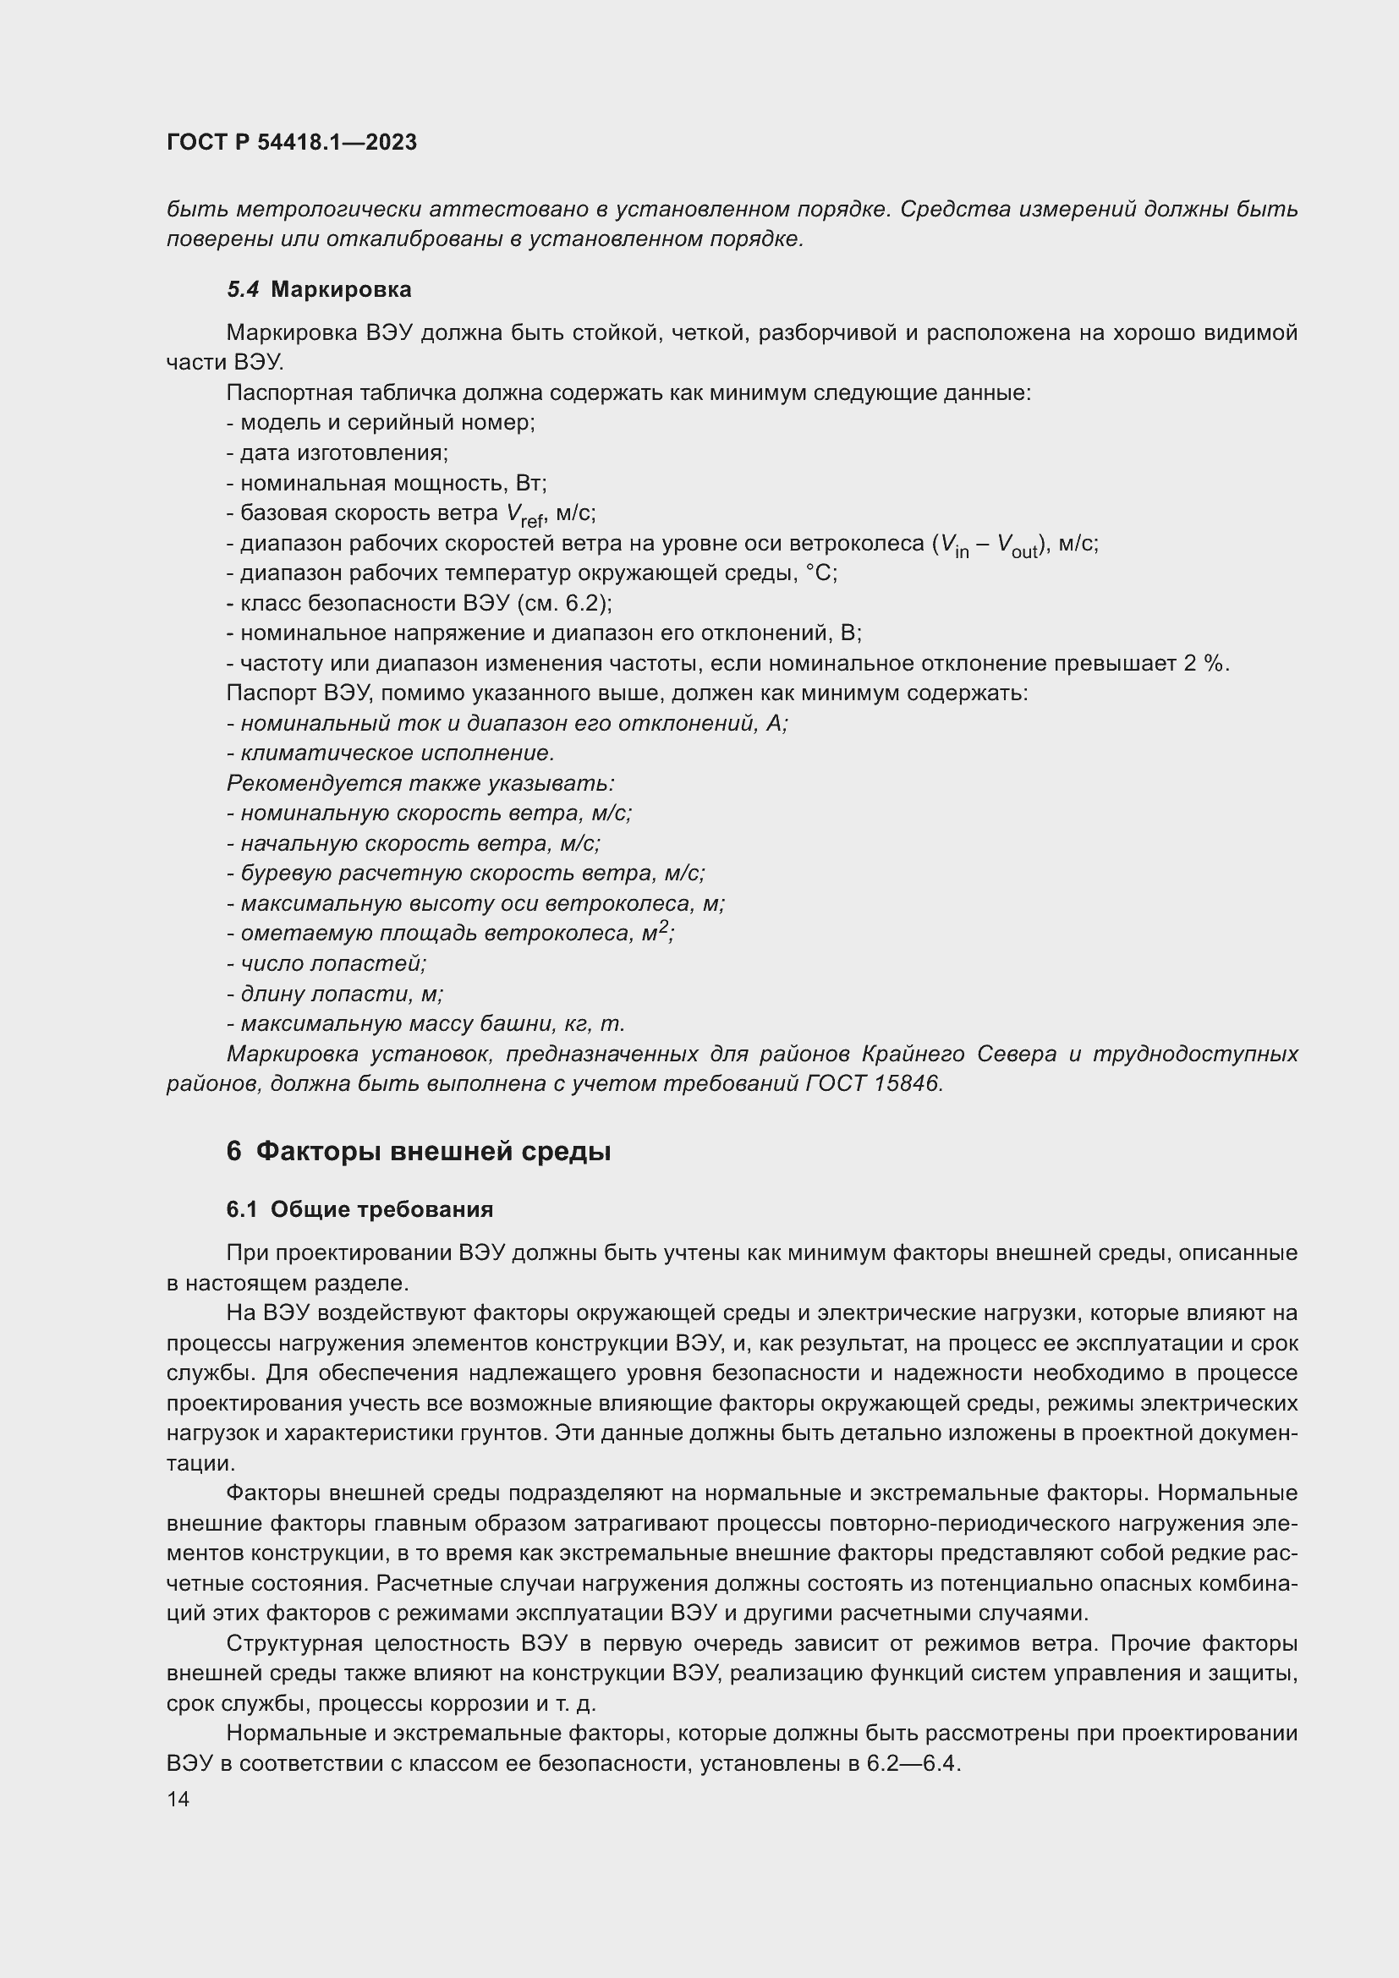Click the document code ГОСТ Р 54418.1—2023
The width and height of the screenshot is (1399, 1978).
[291, 142]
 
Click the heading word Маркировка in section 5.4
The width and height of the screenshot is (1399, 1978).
[340, 289]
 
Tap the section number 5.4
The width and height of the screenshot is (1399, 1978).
[242, 289]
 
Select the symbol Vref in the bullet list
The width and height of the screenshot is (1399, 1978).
[524, 515]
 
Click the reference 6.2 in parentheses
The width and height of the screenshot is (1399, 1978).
[582, 603]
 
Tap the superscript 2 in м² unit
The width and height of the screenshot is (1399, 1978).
[663, 928]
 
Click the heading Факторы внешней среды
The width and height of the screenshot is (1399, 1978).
[433, 1151]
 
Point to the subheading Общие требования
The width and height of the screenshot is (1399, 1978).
[381, 1209]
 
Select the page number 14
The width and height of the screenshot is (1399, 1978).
[178, 1799]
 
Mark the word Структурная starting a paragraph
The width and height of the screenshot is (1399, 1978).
[293, 1644]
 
